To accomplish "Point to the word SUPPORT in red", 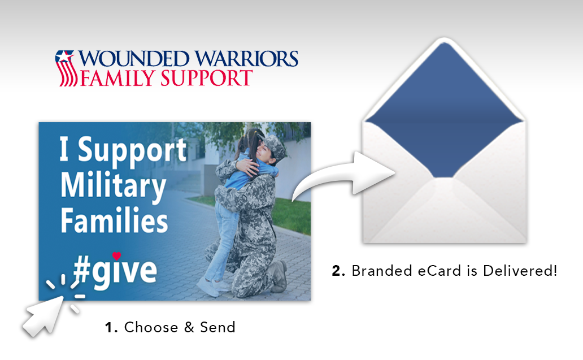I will point(204,78).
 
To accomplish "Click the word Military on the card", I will point(113,186).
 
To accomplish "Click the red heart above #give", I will point(116,255).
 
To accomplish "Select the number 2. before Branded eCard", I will point(338,271).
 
